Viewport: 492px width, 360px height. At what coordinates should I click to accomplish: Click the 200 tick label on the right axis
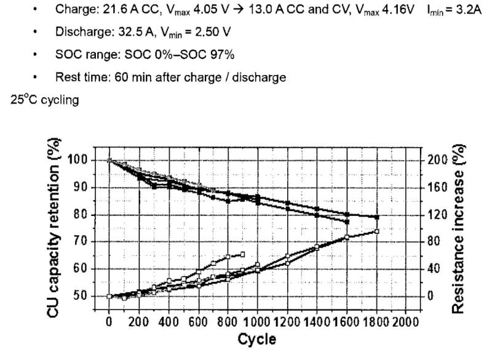point(434,160)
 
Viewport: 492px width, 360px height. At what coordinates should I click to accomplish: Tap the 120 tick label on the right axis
point(434,215)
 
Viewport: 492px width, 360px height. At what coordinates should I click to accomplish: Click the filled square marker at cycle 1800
point(377,217)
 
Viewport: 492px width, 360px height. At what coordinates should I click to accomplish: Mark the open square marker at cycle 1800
point(377,231)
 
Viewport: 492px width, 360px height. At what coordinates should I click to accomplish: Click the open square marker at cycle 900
point(242,254)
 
